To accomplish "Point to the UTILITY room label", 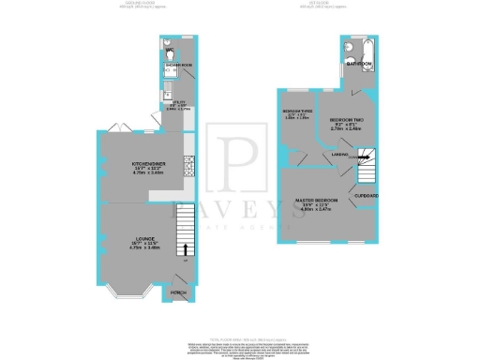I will tap(177, 105).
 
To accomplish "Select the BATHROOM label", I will tap(360, 64).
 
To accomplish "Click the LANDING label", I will tap(342, 155).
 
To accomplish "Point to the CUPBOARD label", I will tap(367, 195).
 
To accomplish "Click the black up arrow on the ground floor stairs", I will tap(185, 248).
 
